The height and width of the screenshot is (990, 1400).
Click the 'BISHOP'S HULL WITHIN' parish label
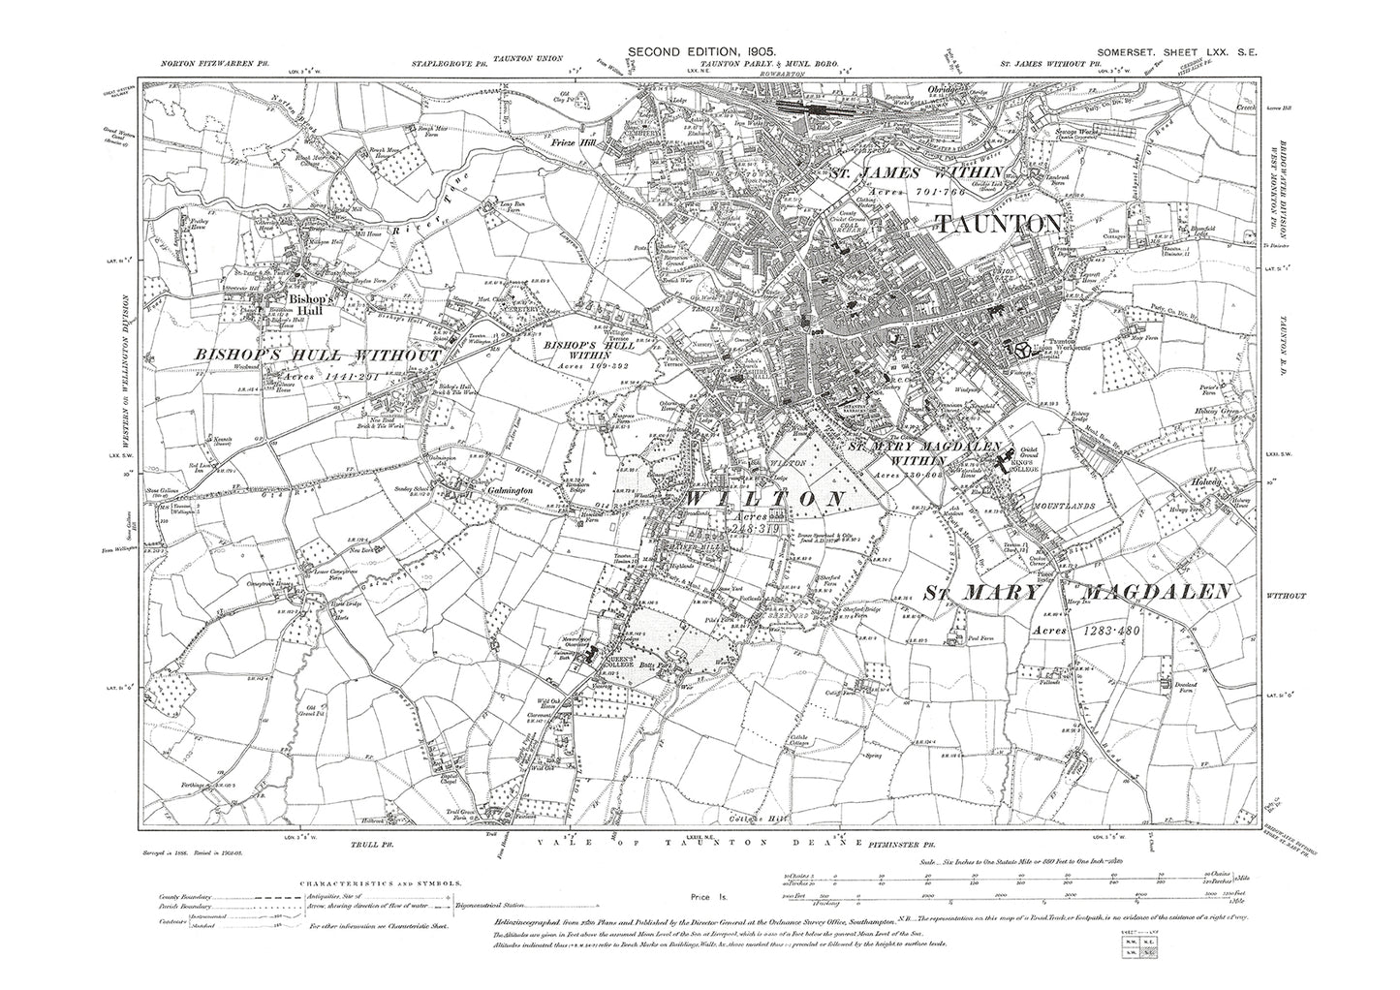578,344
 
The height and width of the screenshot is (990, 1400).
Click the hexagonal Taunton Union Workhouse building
1019,347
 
